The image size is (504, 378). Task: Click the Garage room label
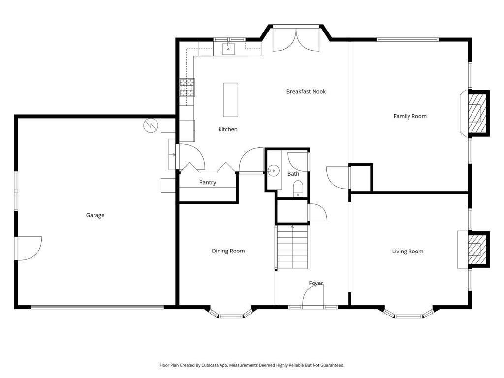[95, 215]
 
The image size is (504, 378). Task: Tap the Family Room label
[409, 116]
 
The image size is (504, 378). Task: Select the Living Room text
[408, 252]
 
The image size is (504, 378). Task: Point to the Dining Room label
[228, 251]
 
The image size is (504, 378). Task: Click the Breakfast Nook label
[306, 91]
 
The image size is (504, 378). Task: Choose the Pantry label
[207, 183]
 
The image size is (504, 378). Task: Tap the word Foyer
[315, 283]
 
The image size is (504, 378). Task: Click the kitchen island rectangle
[230, 99]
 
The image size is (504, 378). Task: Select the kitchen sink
[229, 49]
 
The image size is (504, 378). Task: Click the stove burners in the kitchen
[187, 87]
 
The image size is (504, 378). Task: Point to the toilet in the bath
[297, 189]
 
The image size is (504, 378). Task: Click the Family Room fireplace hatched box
[475, 113]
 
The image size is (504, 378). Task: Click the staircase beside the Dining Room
[292, 247]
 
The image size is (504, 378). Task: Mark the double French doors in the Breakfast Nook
[296, 39]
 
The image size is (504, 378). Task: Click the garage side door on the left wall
[29, 248]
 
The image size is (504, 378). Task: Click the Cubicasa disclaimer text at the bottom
[252, 365]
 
